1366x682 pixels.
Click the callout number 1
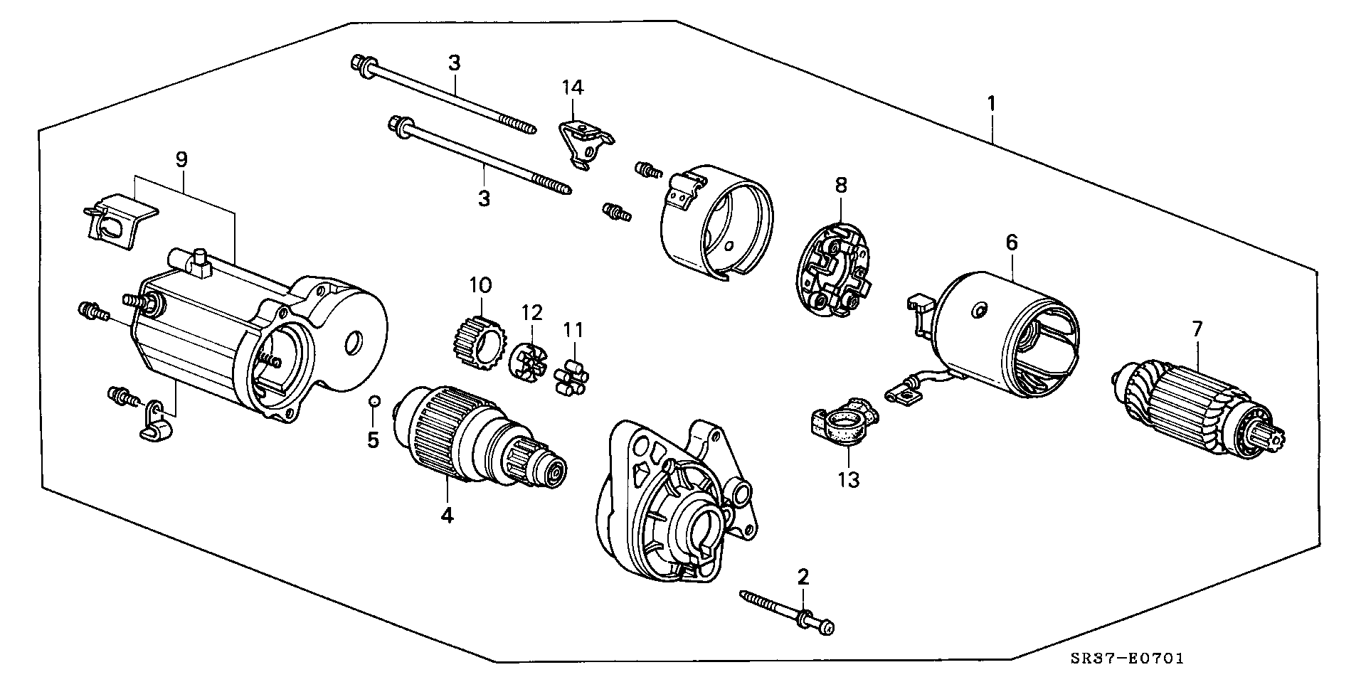991,104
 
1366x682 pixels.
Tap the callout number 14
573,87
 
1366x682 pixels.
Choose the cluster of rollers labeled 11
575,374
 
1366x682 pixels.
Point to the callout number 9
181,159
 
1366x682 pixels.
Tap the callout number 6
1011,243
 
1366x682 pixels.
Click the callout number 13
849,480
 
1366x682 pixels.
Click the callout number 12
531,312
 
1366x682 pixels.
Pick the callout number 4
446,516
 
